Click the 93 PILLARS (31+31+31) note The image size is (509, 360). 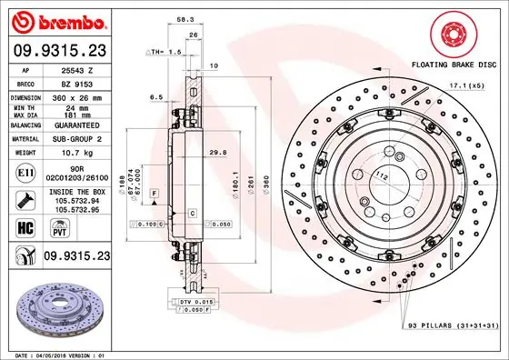click(450, 325)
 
